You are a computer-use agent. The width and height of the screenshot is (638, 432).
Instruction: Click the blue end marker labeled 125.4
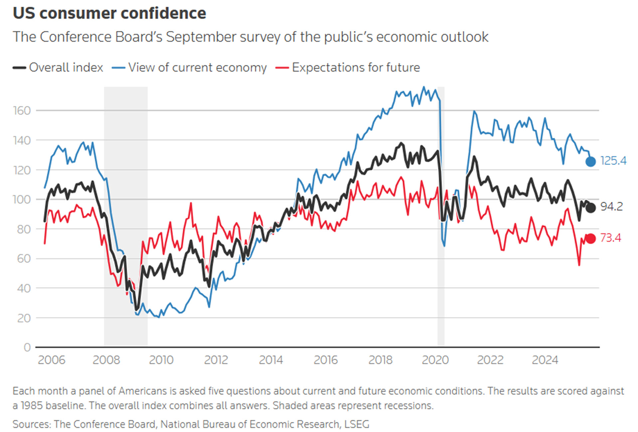tap(590, 162)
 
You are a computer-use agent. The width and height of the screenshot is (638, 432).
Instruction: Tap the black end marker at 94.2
tap(590, 208)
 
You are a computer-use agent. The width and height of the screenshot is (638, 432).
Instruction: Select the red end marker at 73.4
tap(590, 238)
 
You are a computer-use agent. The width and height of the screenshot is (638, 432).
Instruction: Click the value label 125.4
tap(613, 161)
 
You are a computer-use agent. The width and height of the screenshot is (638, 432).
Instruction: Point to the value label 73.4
tap(610, 238)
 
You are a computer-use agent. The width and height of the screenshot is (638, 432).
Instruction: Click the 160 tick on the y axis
tap(22, 111)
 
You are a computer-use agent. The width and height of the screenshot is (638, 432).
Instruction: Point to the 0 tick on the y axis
tap(27, 347)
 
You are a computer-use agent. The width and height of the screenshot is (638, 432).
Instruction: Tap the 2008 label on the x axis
tap(106, 360)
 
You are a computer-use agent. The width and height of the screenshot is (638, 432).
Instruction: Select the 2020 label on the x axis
tap(435, 360)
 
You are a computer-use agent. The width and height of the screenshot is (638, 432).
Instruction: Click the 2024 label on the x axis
tap(545, 360)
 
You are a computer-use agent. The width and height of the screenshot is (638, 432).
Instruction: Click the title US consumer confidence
tap(109, 13)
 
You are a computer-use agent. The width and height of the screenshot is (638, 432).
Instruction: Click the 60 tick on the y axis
tap(24, 258)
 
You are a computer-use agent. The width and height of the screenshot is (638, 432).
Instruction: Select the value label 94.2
tap(611, 207)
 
